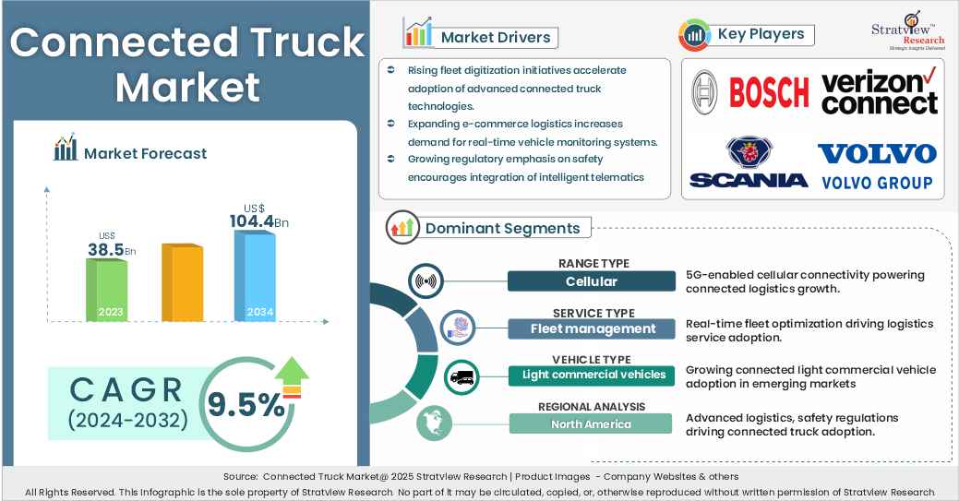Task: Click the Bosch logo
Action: point(749,90)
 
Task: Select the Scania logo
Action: point(749,162)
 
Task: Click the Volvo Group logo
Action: point(877,165)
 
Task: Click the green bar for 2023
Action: point(107,290)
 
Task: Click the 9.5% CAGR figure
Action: point(246,403)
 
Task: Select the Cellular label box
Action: point(591,281)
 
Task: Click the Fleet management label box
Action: point(593,328)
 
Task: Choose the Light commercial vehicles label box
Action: point(593,375)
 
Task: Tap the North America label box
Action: point(591,423)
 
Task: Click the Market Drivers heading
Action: point(495,38)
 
